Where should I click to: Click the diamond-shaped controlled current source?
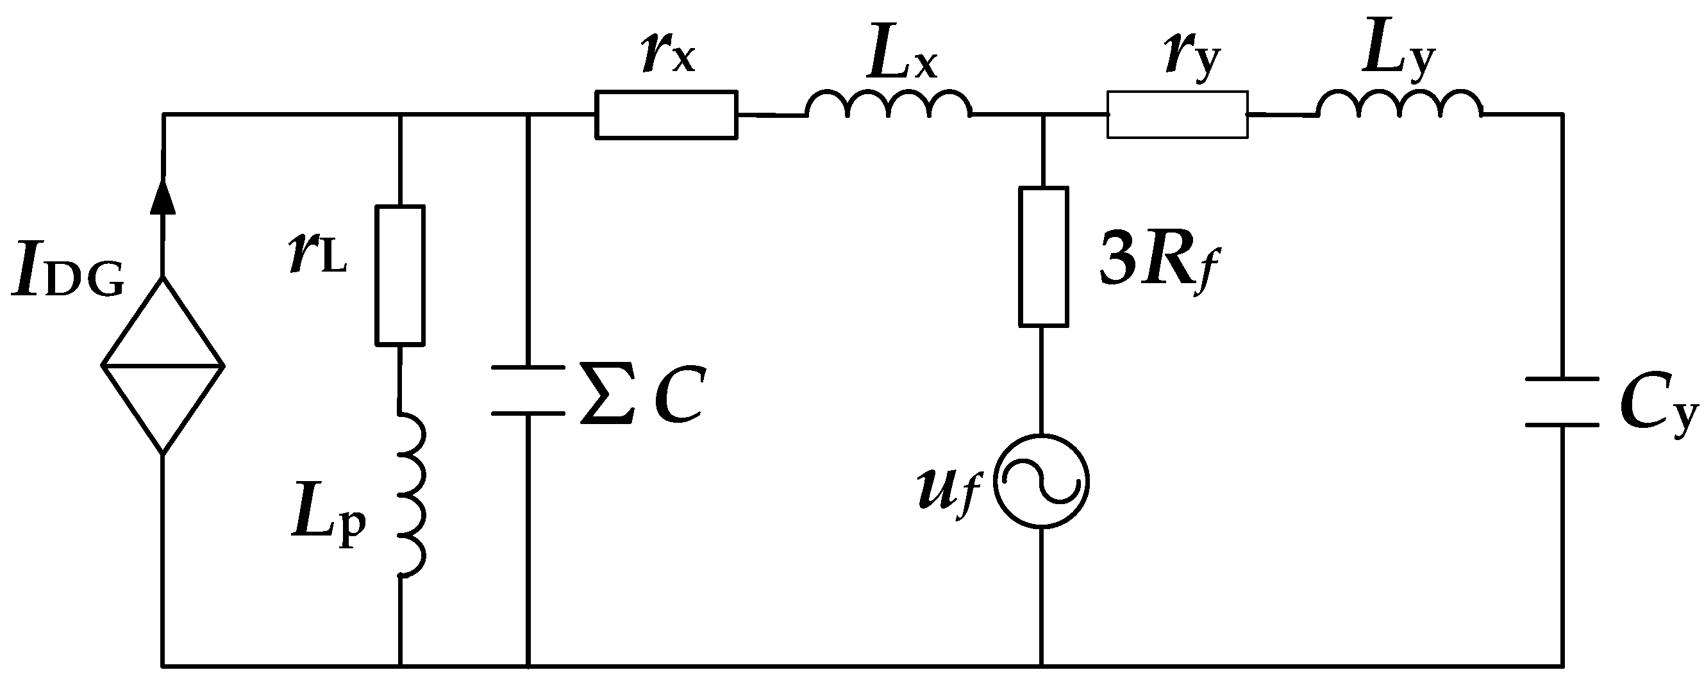coord(163,365)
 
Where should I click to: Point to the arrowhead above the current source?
coord(163,198)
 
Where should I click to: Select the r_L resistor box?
coord(400,275)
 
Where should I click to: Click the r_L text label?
coord(317,254)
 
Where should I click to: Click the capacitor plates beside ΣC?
coord(528,390)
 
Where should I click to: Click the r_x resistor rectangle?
coord(666,115)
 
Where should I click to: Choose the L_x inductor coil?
coord(889,106)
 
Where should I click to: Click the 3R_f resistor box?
coord(1043,256)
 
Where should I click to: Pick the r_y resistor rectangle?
coord(1178,115)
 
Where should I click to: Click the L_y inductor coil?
coord(1399,106)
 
